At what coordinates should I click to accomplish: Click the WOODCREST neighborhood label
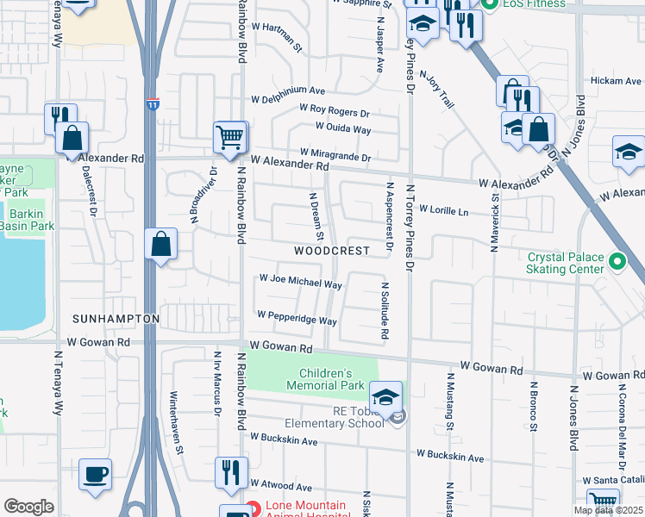pyautogui.click(x=331, y=251)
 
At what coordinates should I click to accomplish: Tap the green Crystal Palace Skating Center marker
pyautogui.click(x=617, y=260)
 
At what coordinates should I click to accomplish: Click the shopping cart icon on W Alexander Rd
pyautogui.click(x=230, y=138)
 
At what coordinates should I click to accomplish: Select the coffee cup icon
pyautogui.click(x=95, y=474)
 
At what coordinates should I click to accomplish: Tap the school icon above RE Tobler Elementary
pyautogui.click(x=386, y=397)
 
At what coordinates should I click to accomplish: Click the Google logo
pyautogui.click(x=28, y=507)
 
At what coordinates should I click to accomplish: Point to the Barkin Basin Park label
pyautogui.click(x=27, y=218)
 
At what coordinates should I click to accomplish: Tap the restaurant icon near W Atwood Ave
pyautogui.click(x=230, y=472)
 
